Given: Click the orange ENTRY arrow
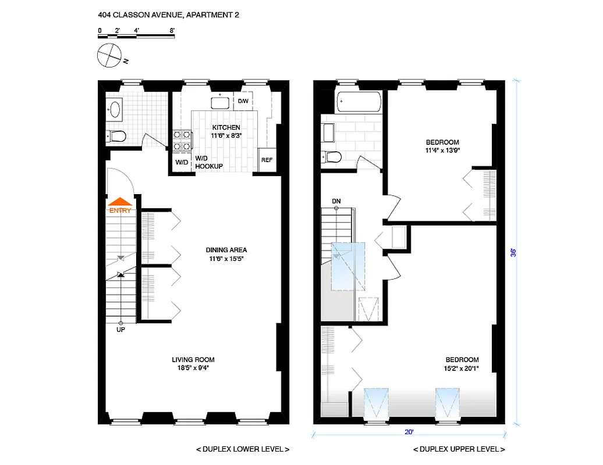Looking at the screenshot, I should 120,202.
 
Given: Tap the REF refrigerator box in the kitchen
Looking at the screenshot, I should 267,160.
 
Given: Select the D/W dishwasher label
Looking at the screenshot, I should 243,101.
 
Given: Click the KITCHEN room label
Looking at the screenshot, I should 226,128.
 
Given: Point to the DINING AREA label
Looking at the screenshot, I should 226,250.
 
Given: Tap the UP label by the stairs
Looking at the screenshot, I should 121,330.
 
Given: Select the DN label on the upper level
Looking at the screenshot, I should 336,201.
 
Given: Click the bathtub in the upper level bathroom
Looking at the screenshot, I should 359,103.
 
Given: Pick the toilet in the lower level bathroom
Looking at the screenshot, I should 117,137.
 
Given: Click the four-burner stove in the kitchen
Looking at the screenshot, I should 182,141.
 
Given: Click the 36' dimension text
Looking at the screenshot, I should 513,252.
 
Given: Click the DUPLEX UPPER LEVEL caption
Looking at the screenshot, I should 459,449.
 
